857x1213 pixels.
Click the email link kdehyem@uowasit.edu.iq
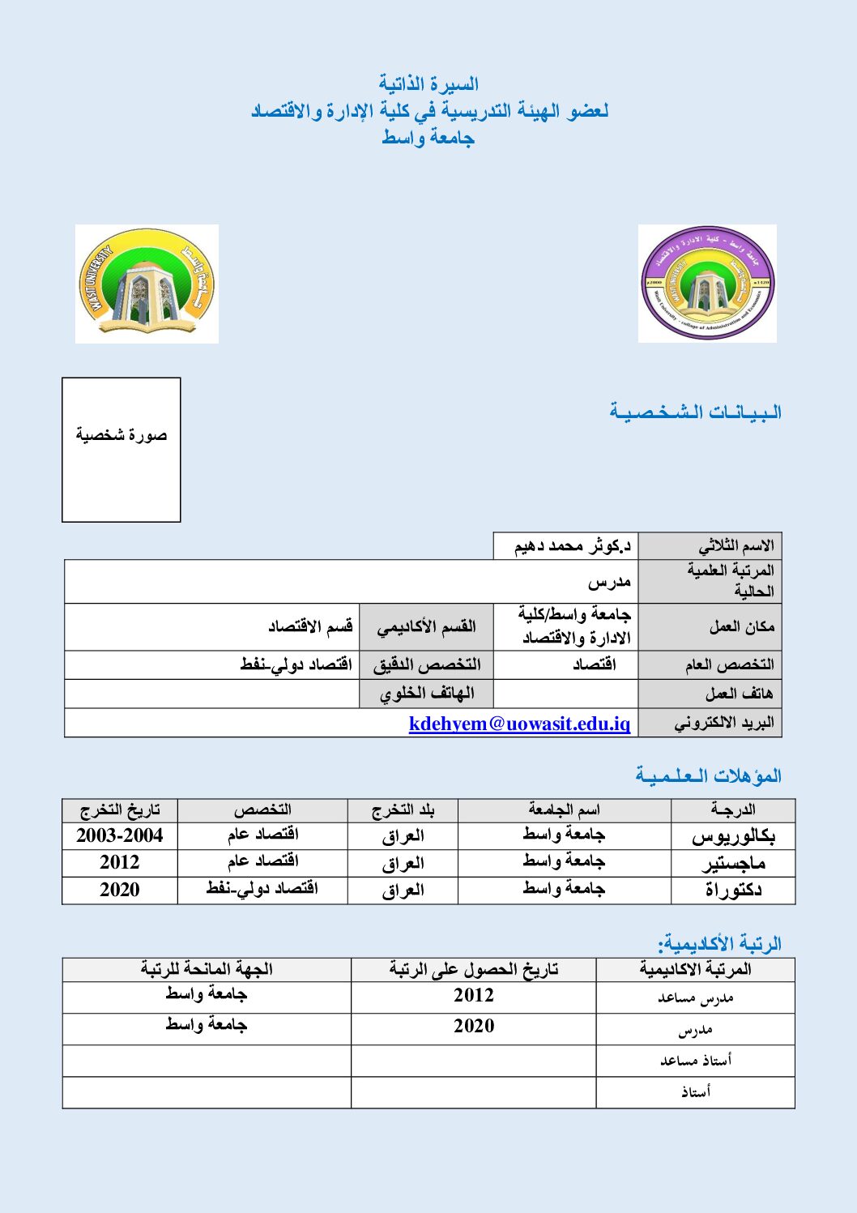pos(519,724)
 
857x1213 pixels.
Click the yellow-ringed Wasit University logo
pos(147,284)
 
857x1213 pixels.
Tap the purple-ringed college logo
pos(707,284)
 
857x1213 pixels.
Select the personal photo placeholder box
pos(122,450)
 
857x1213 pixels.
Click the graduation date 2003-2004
pos(120,835)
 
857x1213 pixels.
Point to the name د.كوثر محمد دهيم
pos(572,546)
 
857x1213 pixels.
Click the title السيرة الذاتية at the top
pos(428,83)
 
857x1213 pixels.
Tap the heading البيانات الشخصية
pos(695,412)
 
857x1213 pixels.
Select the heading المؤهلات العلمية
pos(708,775)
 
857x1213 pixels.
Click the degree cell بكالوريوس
pos(733,836)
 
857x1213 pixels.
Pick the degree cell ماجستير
pos(733,863)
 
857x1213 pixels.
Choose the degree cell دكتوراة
pos(733,890)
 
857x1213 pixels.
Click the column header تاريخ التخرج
pos(120,809)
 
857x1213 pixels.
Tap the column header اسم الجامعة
pos(564,809)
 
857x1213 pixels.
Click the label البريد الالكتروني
pos(723,723)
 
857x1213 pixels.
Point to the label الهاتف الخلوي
pos(427,694)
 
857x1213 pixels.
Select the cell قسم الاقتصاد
pos(310,626)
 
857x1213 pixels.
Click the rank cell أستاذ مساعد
pos(695,1060)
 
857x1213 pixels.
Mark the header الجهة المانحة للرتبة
pos(207,969)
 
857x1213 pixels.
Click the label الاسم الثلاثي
pos(735,546)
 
